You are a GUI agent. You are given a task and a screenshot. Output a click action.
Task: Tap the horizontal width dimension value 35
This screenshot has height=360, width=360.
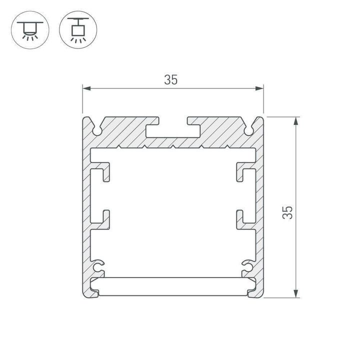[171, 79]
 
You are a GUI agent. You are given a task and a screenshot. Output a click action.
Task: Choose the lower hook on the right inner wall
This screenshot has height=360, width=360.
[241, 218]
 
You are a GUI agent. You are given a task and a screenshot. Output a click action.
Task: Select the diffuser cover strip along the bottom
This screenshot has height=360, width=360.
[173, 286]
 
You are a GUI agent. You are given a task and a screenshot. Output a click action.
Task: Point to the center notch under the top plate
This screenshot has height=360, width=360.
[173, 147]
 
